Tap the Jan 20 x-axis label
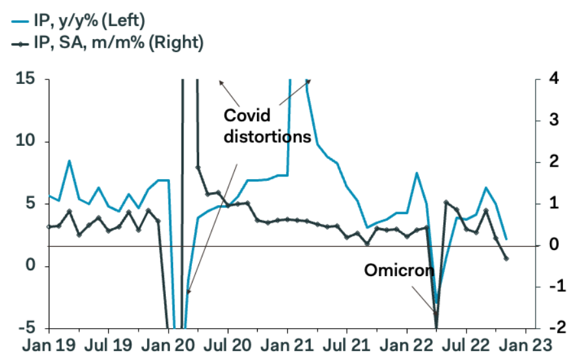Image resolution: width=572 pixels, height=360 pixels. (x=168, y=345)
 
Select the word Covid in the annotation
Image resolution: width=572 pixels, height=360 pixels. (x=248, y=116)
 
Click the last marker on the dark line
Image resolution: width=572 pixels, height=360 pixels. (x=506, y=258)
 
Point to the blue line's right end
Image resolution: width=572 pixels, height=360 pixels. (x=506, y=239)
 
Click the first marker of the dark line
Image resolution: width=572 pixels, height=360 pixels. (x=49, y=227)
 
